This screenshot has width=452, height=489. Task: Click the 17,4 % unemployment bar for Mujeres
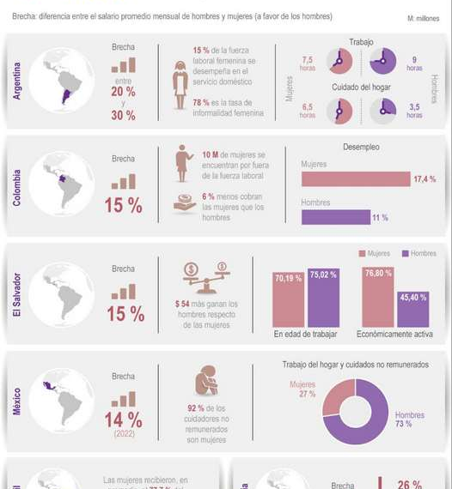point(356,178)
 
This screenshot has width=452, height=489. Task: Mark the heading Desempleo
point(361,147)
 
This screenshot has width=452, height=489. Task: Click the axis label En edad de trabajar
point(306,333)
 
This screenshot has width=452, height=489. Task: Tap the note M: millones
point(423,18)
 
